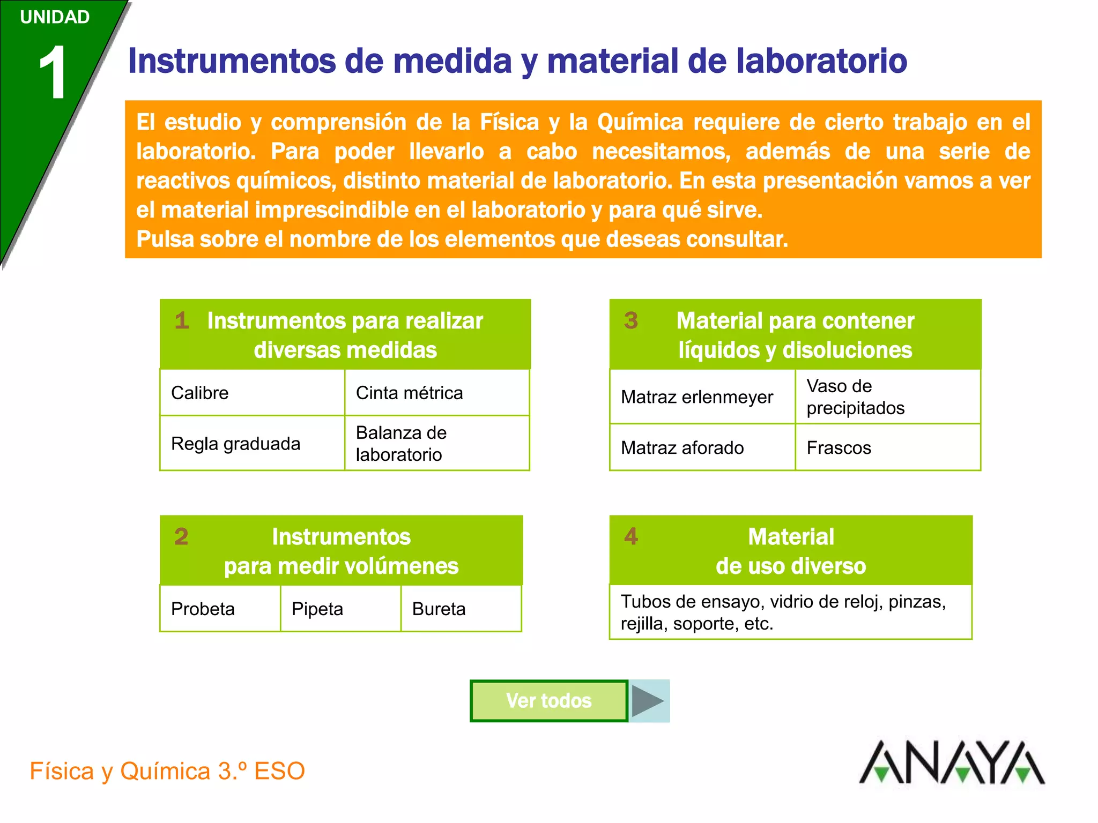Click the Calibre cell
coord(252,393)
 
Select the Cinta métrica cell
coord(436,393)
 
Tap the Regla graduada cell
coord(252,444)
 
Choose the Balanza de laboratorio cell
coord(436,444)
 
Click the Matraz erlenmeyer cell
coord(702,397)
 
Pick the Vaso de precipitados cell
coord(887,397)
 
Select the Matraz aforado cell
coord(702,447)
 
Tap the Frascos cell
coord(887,447)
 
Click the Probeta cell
coord(220,609)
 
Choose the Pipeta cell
coord(340,609)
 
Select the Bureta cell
coord(461,609)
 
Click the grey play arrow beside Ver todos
coord(649,701)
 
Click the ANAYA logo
coord(952,763)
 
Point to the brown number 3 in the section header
coord(631,320)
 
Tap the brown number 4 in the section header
coord(631,536)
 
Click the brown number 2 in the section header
coord(181,536)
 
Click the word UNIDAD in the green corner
coord(55,17)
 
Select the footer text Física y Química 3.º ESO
coord(167,771)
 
